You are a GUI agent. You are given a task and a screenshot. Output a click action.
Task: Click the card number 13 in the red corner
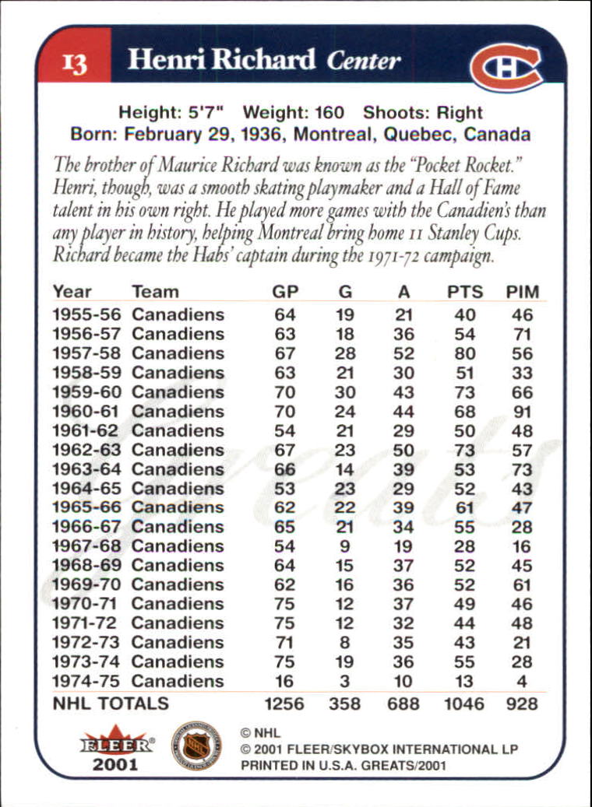pos(75,62)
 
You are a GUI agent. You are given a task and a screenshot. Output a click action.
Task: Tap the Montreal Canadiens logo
pos(506,66)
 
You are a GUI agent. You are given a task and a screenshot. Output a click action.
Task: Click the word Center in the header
pos(364,61)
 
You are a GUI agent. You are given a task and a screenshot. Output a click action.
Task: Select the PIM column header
pos(522,292)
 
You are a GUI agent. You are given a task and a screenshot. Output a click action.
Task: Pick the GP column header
pos(285,292)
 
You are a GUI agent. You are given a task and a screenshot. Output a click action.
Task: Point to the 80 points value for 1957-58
pos(465,353)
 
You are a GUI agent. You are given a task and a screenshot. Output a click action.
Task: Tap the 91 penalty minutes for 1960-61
pos(522,412)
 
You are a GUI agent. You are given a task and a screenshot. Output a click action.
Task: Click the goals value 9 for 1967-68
pos(345,546)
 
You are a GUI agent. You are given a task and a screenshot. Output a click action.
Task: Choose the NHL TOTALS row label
pos(111,703)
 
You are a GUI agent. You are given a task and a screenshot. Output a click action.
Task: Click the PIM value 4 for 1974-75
pos(522,682)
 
